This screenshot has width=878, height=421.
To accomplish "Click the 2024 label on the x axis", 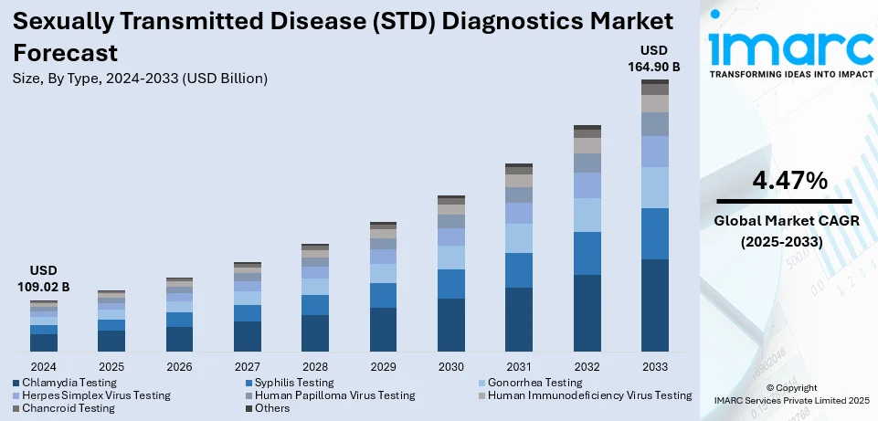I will click(x=44, y=365).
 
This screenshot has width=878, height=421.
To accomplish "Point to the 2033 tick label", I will click(x=654, y=365).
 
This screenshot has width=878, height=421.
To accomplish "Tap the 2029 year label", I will click(x=383, y=365).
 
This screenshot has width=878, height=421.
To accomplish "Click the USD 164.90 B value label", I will click(x=653, y=57).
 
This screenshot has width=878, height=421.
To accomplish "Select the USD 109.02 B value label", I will click(x=44, y=279).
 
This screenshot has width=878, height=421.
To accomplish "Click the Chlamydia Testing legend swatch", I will click(x=16, y=383).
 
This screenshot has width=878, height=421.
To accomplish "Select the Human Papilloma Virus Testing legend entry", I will click(x=334, y=395).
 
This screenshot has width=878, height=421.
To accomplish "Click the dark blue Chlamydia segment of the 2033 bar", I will click(x=654, y=305).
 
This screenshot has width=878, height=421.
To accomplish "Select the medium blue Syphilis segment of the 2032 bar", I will click(x=587, y=253).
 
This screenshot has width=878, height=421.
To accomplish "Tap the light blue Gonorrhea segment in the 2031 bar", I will click(x=519, y=238).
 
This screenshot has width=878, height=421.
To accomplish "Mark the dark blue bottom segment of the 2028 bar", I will click(x=315, y=333).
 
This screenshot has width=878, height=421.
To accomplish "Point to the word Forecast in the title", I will click(x=66, y=51).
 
